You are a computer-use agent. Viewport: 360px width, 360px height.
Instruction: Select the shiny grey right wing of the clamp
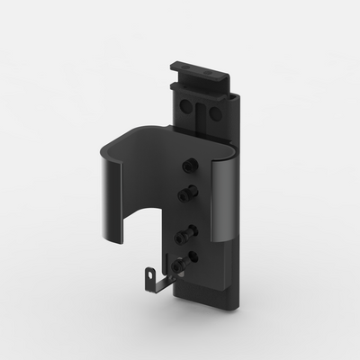(224, 202)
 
